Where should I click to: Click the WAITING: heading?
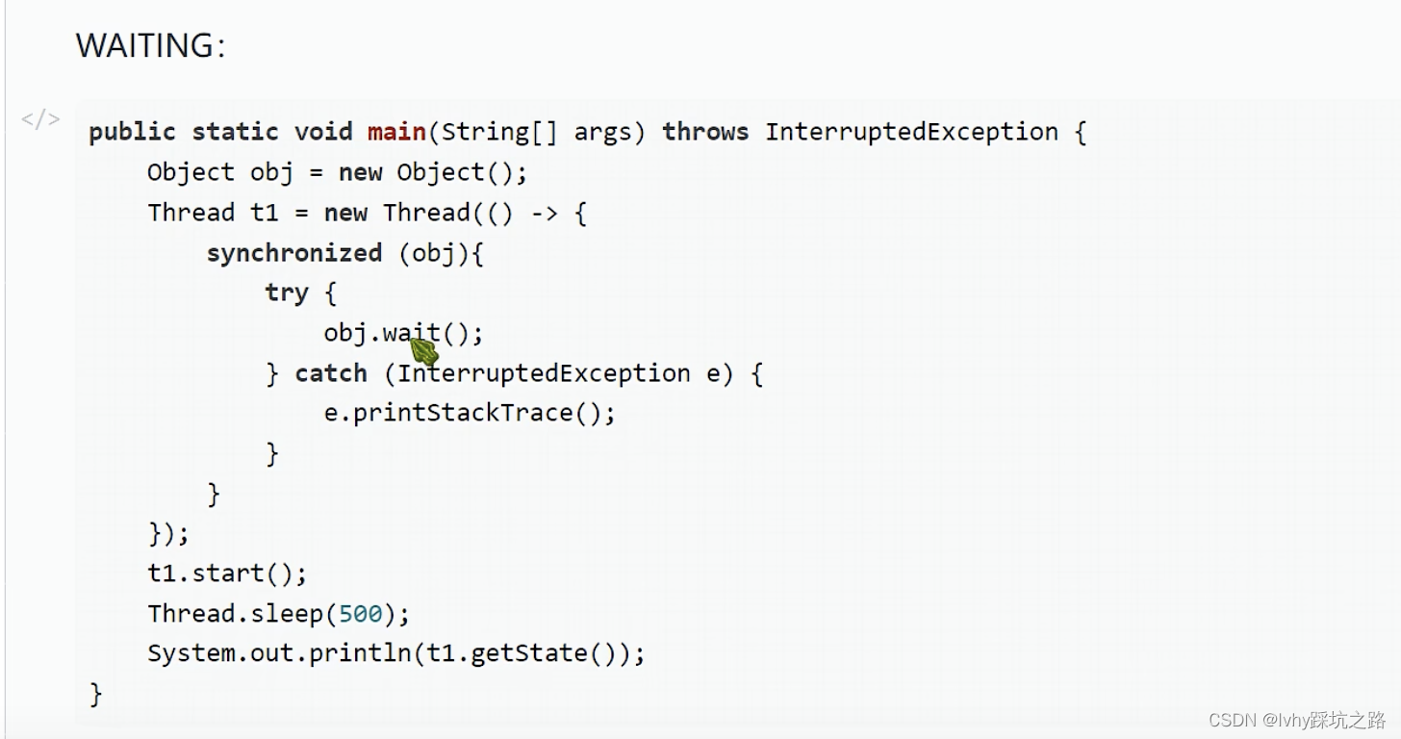click(150, 45)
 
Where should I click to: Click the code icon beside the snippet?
click(40, 119)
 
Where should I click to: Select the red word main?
click(396, 132)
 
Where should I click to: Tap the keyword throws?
click(704, 132)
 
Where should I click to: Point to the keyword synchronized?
click(294, 253)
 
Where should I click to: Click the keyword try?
click(287, 293)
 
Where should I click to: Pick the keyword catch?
click(331, 373)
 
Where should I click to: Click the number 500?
click(361, 614)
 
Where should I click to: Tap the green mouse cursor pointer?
click(424, 351)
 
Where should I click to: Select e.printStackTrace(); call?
click(470, 414)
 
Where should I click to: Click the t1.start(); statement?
click(227, 573)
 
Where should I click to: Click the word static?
click(235, 132)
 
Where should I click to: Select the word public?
click(132, 132)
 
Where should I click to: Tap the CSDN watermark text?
click(1296, 720)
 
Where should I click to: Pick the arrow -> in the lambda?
click(544, 213)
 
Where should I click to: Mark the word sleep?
click(286, 614)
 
